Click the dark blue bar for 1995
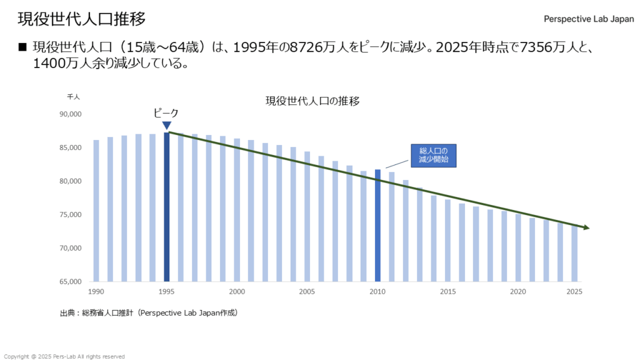pos(167,207)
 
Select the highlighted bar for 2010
pos(377,225)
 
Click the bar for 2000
pos(237,210)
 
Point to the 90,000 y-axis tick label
pos(71,114)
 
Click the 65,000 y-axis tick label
pos(71,282)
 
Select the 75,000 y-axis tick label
pos(71,215)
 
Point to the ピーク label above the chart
pos(166,113)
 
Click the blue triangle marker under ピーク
pos(167,126)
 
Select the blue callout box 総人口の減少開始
pos(434,155)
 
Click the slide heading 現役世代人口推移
pos(82,19)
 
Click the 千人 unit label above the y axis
pos(74,97)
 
